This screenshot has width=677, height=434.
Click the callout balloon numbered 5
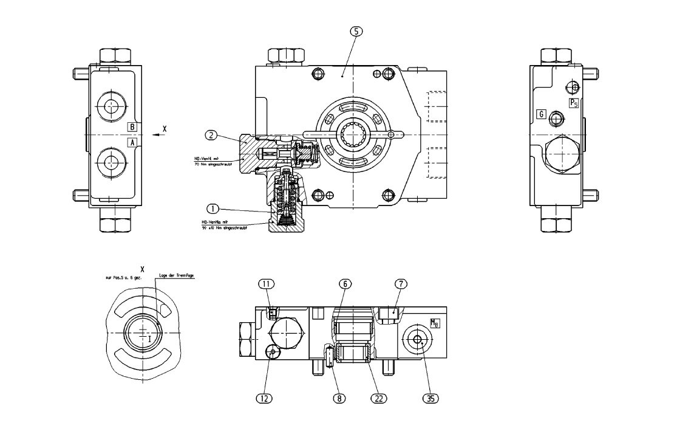click(x=356, y=32)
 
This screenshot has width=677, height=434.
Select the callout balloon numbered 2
click(x=211, y=135)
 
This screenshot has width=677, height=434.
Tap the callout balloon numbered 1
click(x=213, y=208)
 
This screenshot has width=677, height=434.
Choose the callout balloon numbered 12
click(x=264, y=398)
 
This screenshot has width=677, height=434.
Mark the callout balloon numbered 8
click(x=339, y=398)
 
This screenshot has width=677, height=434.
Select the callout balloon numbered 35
click(x=430, y=398)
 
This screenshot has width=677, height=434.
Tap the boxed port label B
click(x=132, y=127)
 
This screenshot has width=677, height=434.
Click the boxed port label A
click(x=132, y=142)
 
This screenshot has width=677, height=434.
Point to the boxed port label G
click(x=540, y=114)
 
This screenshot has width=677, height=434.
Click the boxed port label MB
click(x=434, y=323)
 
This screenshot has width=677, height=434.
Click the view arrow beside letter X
click(x=157, y=135)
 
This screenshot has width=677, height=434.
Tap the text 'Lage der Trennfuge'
click(x=176, y=275)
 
